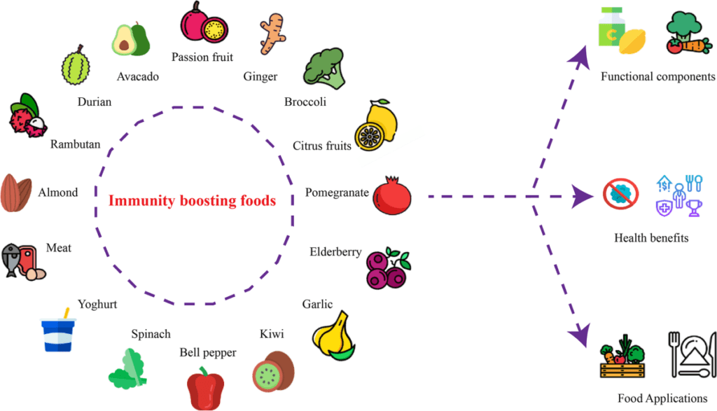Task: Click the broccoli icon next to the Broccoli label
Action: pos(323,69)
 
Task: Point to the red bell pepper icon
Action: pos(205,387)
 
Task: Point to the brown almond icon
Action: pos(16,192)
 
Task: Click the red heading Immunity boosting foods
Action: pos(192,201)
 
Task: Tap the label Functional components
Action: pos(657,76)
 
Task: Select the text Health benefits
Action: pos(651,238)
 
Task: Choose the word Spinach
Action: pos(151,335)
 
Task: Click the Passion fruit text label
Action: pos(202,57)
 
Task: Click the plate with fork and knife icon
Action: pos(692,354)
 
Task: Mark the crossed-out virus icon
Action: pos(620,194)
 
